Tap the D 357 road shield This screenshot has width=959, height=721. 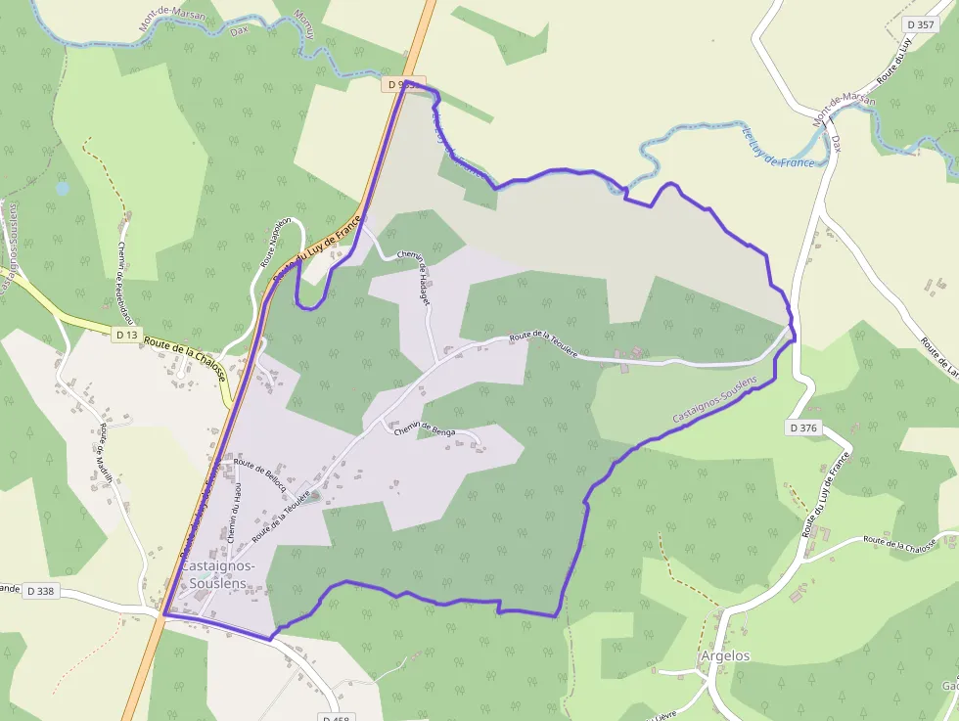coord(921,24)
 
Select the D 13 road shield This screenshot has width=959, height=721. coord(125,335)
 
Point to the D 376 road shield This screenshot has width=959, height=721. coord(801,428)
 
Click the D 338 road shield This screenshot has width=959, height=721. coord(40,591)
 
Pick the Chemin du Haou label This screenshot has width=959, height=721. coord(234,514)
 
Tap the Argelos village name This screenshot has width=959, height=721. coord(725,655)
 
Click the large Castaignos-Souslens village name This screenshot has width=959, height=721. coord(217,574)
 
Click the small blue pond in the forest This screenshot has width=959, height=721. coord(63,187)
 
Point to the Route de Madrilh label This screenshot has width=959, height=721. coord(108,454)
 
